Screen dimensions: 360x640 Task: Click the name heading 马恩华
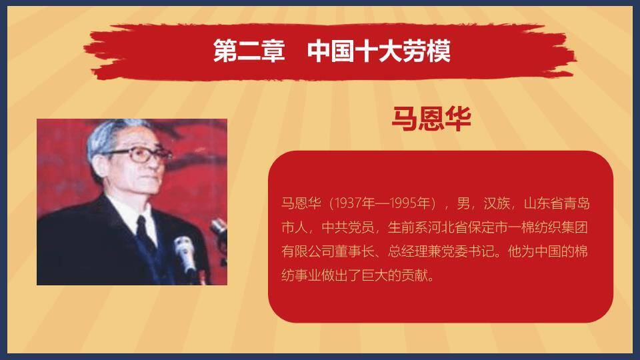[x=431, y=119]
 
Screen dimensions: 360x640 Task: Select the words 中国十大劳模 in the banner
[x=379, y=51]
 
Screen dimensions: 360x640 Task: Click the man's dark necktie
[x=144, y=230]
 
